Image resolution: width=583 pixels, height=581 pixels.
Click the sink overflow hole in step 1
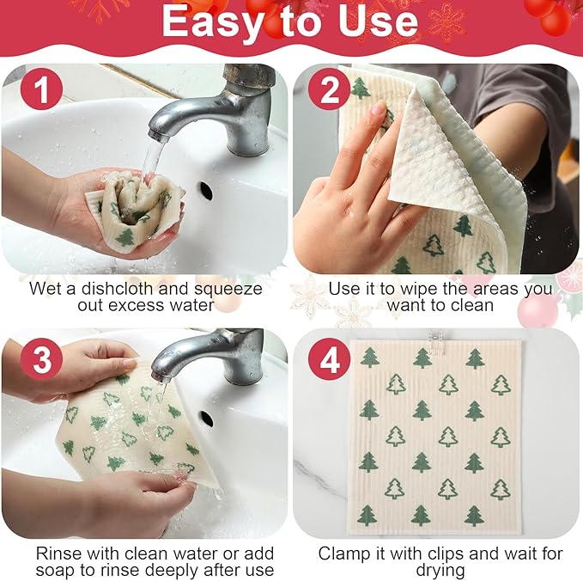[x=206, y=189]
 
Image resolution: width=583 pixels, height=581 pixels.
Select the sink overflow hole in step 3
[x=205, y=418]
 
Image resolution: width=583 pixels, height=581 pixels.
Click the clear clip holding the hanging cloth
[x=435, y=338]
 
